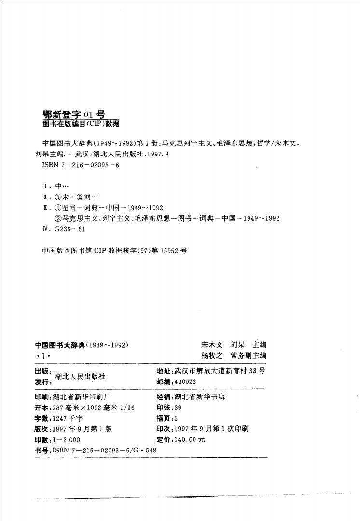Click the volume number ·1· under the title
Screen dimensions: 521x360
tap(43, 356)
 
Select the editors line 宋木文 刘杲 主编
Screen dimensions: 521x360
tap(234, 345)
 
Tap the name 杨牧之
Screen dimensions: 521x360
tap(212, 356)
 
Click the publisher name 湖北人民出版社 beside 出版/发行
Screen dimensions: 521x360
tap(81, 376)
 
